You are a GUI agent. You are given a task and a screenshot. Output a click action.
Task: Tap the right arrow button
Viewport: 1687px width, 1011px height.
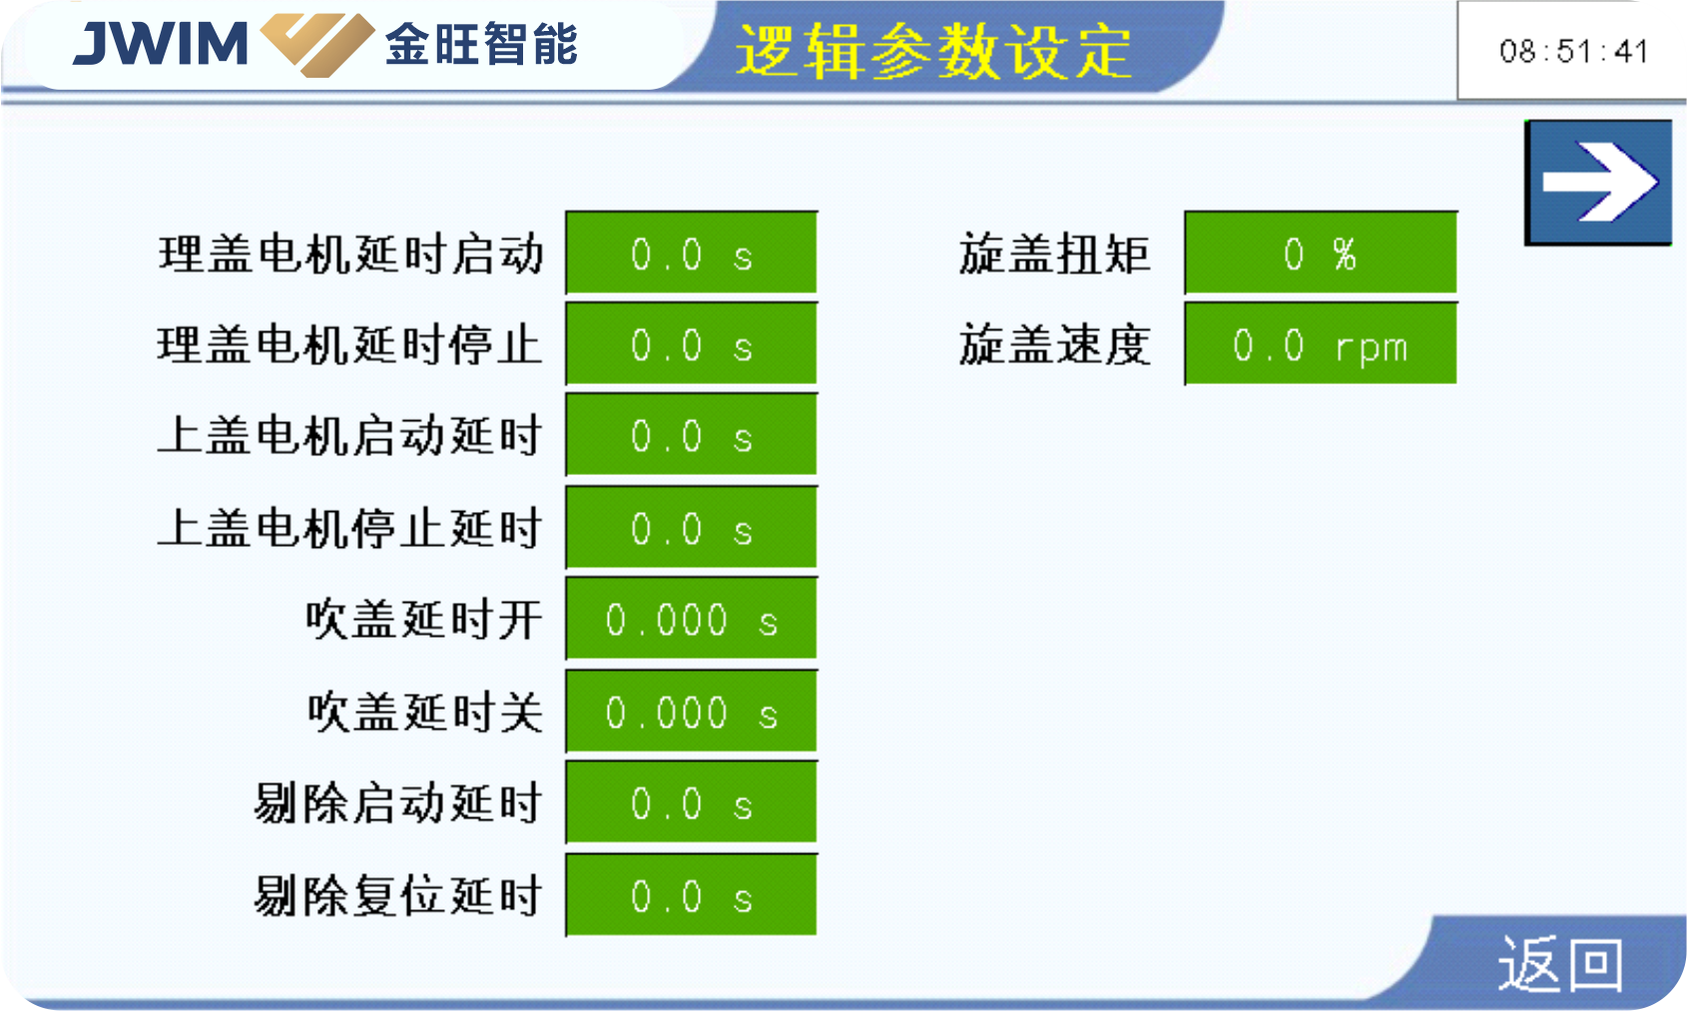tap(1598, 183)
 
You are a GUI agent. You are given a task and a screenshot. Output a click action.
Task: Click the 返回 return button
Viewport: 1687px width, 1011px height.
tap(1559, 963)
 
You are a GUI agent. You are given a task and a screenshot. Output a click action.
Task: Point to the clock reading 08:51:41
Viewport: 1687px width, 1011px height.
tap(1573, 51)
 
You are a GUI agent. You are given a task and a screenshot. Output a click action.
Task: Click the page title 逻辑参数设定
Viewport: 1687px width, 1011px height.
tap(933, 51)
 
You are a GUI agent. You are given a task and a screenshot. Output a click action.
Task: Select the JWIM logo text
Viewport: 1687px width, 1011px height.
tap(161, 43)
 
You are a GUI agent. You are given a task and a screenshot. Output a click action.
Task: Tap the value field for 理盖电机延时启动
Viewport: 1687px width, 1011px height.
tap(692, 253)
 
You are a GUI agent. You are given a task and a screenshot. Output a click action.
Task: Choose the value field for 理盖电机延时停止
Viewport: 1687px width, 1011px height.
tap(692, 344)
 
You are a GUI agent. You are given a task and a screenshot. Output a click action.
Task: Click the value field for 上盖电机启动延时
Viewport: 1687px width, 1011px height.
tap(692, 435)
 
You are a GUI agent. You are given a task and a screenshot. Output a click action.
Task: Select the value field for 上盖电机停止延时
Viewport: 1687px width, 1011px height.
tap(692, 527)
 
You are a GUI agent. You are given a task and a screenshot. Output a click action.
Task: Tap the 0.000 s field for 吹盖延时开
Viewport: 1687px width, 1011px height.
tap(692, 619)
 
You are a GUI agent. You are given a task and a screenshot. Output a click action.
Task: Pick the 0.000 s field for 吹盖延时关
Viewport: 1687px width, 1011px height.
tap(692, 711)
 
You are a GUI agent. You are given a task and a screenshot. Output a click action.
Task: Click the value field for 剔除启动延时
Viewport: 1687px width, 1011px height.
tap(692, 802)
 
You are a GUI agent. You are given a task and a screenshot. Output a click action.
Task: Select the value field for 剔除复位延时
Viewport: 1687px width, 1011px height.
tap(692, 895)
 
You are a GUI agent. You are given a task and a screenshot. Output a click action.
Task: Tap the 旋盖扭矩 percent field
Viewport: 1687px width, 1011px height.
tap(1321, 253)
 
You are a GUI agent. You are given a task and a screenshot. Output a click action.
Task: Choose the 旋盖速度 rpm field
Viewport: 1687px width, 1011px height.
tap(1321, 344)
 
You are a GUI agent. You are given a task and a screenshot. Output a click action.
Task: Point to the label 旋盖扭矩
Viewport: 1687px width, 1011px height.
tap(1054, 253)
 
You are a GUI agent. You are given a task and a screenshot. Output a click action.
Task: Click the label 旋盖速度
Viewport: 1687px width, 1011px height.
tap(1054, 344)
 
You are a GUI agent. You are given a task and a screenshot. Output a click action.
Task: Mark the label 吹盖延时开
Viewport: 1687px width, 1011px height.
tap(424, 620)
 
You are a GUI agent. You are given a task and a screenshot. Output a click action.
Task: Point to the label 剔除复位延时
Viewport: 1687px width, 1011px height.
tap(397, 896)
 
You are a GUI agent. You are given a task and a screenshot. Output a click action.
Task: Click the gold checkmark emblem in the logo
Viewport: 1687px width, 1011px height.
tap(317, 44)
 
